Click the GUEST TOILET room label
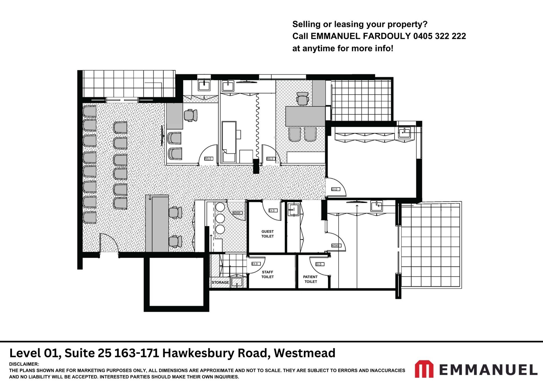[267, 234]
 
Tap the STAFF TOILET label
[267, 274]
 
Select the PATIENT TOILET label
[310, 279]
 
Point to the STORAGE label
[220, 282]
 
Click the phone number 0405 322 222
[440, 36]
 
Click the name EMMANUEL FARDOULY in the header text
[361, 36]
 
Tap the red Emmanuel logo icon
[424, 369]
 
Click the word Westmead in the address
[304, 353]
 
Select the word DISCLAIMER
[24, 364]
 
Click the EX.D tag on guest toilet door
[273, 210]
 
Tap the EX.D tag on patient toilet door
[320, 264]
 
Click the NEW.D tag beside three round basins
[237, 213]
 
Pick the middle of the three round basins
[220, 218]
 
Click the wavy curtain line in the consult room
[258, 128]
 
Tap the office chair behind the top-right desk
[302, 98]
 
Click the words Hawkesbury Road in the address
[216, 353]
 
